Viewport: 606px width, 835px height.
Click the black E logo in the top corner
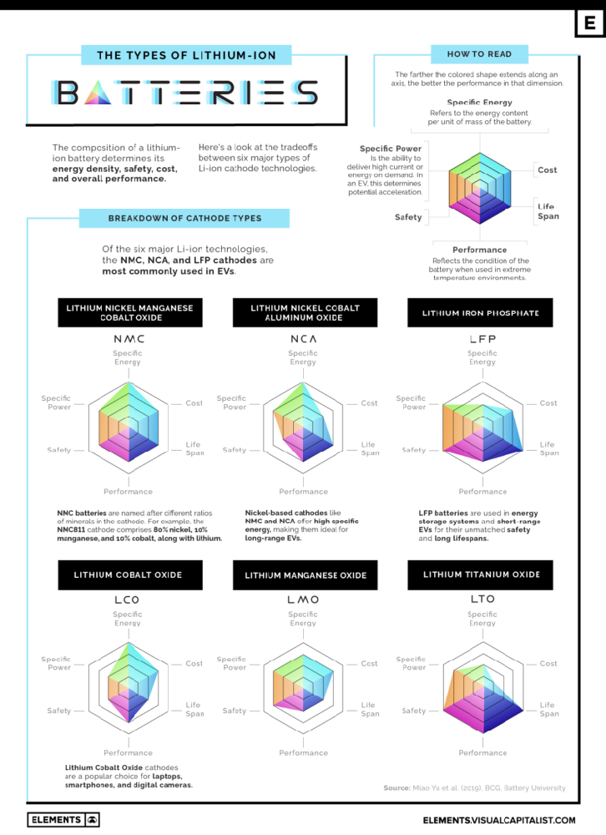coord(589,24)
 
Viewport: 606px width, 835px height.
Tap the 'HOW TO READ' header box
coord(479,54)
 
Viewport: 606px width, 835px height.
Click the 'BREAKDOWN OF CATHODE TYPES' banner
coord(184,218)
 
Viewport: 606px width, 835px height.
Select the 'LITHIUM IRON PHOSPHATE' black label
coord(480,313)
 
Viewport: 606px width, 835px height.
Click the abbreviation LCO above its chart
coord(128,600)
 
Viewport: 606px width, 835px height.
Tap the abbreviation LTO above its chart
coord(482,599)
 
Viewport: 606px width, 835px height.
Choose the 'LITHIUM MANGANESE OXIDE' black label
coord(306,575)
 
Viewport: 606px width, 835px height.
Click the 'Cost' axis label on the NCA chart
coord(369,403)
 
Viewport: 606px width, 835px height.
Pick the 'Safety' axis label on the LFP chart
coord(414,450)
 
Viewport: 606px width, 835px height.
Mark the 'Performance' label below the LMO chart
coord(303,752)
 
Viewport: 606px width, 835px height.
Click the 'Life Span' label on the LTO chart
coord(548,709)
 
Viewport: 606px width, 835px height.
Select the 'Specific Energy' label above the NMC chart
coord(128,357)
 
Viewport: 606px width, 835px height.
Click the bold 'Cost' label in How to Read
coord(547,170)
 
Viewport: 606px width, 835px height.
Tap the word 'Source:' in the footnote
coord(396,787)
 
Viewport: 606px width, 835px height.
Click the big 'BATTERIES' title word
coord(184,92)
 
